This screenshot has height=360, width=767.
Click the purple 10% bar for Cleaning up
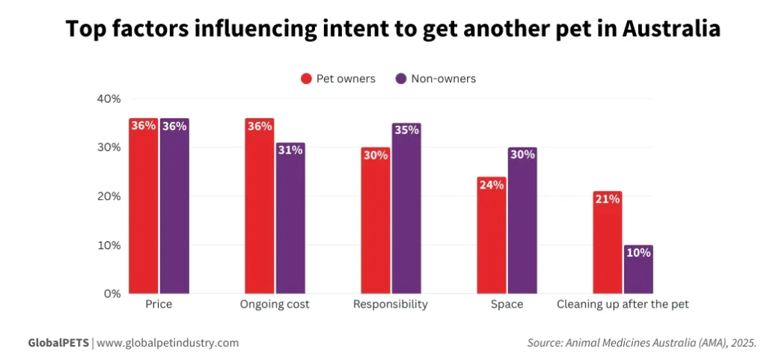tap(638, 269)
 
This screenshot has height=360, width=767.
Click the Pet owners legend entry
tap(337, 79)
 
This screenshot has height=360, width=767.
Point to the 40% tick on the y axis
tap(109, 99)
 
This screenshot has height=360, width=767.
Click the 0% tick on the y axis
tap(111, 294)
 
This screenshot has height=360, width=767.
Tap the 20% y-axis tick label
tap(109, 196)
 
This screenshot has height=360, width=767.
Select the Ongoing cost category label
tap(275, 305)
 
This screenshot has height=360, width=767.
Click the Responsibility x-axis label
tap(390, 305)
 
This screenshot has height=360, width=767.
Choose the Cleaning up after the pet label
tap(623, 305)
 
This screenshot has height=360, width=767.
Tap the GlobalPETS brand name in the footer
tap(58, 343)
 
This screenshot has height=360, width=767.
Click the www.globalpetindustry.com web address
tap(168, 343)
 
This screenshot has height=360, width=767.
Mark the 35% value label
tap(406, 130)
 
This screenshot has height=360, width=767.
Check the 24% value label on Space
tap(492, 184)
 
